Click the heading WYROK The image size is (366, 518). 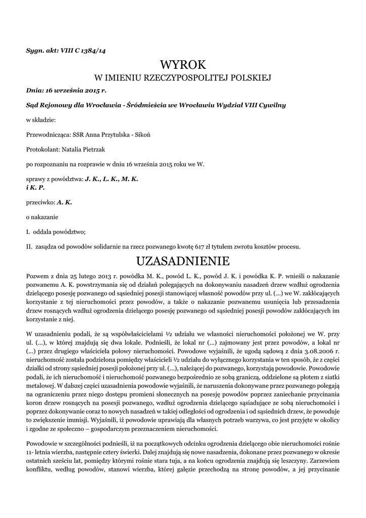(x=183, y=65)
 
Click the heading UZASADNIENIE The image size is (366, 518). (x=183, y=261)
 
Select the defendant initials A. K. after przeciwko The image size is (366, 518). (x=65, y=202)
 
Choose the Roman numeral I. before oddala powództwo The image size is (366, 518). (x=28, y=232)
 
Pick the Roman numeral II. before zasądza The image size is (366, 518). (x=29, y=247)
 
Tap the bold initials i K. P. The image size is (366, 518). (x=35, y=187)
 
